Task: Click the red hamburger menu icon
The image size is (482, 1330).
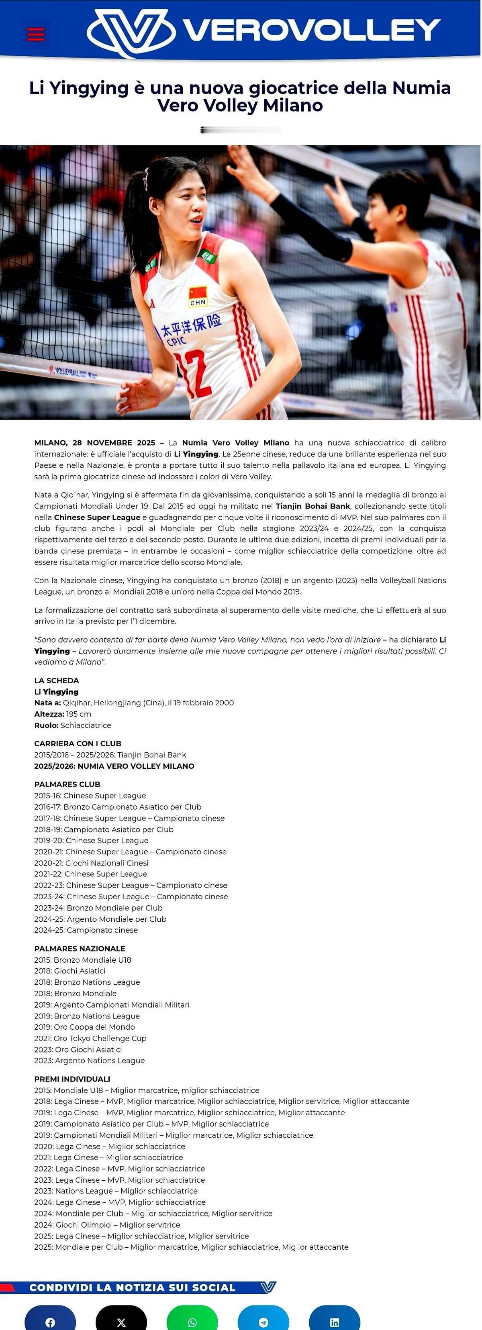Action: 36,34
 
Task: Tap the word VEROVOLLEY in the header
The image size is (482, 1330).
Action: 312,31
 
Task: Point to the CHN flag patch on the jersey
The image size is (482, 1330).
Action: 198,296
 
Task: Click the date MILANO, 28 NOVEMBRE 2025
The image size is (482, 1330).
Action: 94,442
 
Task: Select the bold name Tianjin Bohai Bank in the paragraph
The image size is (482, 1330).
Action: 312,506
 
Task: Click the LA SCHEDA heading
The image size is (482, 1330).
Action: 57,680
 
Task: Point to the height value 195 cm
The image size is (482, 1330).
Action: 78,714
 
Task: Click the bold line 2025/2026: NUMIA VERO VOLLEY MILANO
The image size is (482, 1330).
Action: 114,766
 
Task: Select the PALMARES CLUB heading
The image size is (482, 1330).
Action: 67,784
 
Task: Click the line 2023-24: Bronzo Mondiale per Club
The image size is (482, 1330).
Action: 98,908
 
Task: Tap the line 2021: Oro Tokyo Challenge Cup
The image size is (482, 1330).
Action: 90,1038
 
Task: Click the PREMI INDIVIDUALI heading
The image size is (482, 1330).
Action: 72,1079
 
